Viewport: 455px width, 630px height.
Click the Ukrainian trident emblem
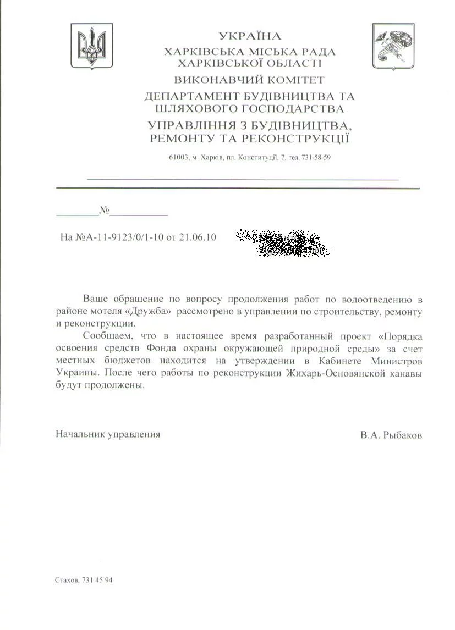(x=92, y=46)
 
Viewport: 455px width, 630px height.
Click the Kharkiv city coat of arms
(x=393, y=46)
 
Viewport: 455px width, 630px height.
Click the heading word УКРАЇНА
(x=250, y=37)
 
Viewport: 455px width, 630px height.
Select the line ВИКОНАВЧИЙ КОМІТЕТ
(x=249, y=80)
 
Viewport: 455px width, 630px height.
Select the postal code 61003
(x=178, y=158)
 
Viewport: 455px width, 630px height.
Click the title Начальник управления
(x=108, y=434)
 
